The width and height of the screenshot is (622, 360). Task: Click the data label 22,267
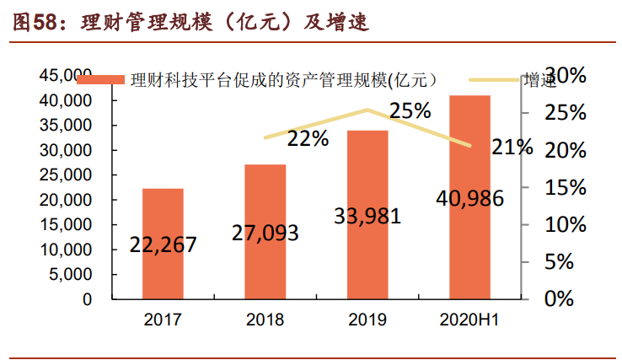[164, 244]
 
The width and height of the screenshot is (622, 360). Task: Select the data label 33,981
[367, 215]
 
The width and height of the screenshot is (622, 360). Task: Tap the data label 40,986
[469, 199]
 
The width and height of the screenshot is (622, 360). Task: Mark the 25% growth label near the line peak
[410, 110]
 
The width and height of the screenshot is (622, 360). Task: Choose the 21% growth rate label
[512, 147]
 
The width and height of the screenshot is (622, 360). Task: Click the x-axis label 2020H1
[469, 320]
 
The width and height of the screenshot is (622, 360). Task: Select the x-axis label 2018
[265, 320]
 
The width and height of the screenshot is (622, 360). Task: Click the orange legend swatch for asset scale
[100, 81]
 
